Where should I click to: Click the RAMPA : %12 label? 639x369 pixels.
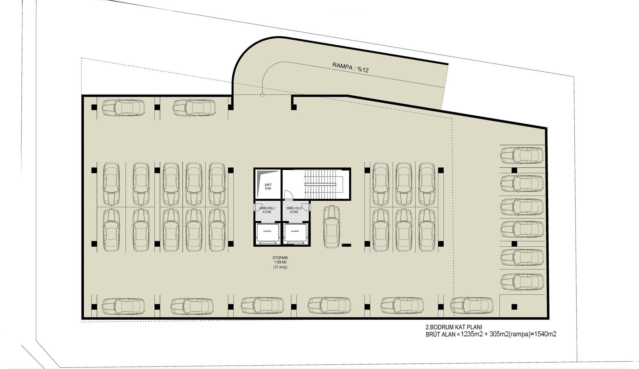pos(350,67)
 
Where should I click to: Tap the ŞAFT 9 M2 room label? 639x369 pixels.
pos(268,187)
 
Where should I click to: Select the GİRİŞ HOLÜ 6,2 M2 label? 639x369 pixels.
pos(267,210)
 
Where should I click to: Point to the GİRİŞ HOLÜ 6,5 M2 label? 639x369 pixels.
pos(294,210)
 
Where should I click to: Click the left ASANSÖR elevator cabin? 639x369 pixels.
pos(267,233)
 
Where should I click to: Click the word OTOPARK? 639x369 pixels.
pos(280,258)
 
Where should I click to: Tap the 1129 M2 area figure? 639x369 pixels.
pos(280,262)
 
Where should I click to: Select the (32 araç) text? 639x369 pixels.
pos(280,267)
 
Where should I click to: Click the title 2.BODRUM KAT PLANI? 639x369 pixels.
pos(454,327)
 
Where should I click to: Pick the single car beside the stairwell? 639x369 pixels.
pos(332,227)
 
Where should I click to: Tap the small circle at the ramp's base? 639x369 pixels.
pos(262,95)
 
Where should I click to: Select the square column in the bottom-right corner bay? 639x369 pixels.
pos(514,307)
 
